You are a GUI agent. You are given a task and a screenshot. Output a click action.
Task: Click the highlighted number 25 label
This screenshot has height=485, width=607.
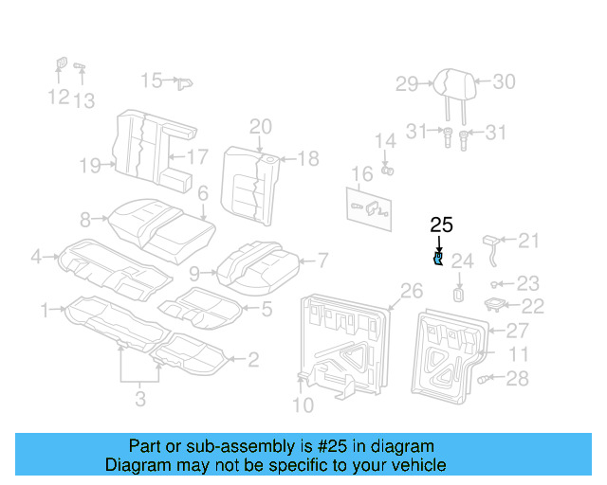(441, 225)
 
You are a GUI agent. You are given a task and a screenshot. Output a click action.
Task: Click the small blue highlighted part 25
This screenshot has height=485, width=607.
(439, 259)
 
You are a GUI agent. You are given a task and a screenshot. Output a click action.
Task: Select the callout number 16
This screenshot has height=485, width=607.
(361, 174)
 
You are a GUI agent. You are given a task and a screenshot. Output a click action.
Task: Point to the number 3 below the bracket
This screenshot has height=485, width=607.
(140, 399)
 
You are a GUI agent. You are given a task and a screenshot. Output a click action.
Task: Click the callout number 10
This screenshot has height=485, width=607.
(302, 407)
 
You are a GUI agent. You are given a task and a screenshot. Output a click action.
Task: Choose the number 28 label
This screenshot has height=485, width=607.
(517, 379)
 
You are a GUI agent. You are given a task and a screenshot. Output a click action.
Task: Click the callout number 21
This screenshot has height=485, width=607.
(527, 241)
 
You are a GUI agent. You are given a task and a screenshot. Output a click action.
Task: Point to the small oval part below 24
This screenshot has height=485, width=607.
(458, 293)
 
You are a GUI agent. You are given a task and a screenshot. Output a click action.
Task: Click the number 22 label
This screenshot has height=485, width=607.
(534, 306)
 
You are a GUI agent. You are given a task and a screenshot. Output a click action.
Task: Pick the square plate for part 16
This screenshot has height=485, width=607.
(373, 210)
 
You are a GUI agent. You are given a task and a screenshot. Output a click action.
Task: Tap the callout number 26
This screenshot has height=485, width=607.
(411, 290)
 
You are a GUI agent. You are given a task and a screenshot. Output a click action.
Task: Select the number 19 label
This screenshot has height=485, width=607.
(90, 167)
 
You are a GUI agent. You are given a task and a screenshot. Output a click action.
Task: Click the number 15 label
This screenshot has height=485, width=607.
(152, 81)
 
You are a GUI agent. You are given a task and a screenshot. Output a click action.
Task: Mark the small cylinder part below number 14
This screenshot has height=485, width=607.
(387, 170)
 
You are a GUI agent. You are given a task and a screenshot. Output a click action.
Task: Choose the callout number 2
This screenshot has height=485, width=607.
(252, 359)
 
